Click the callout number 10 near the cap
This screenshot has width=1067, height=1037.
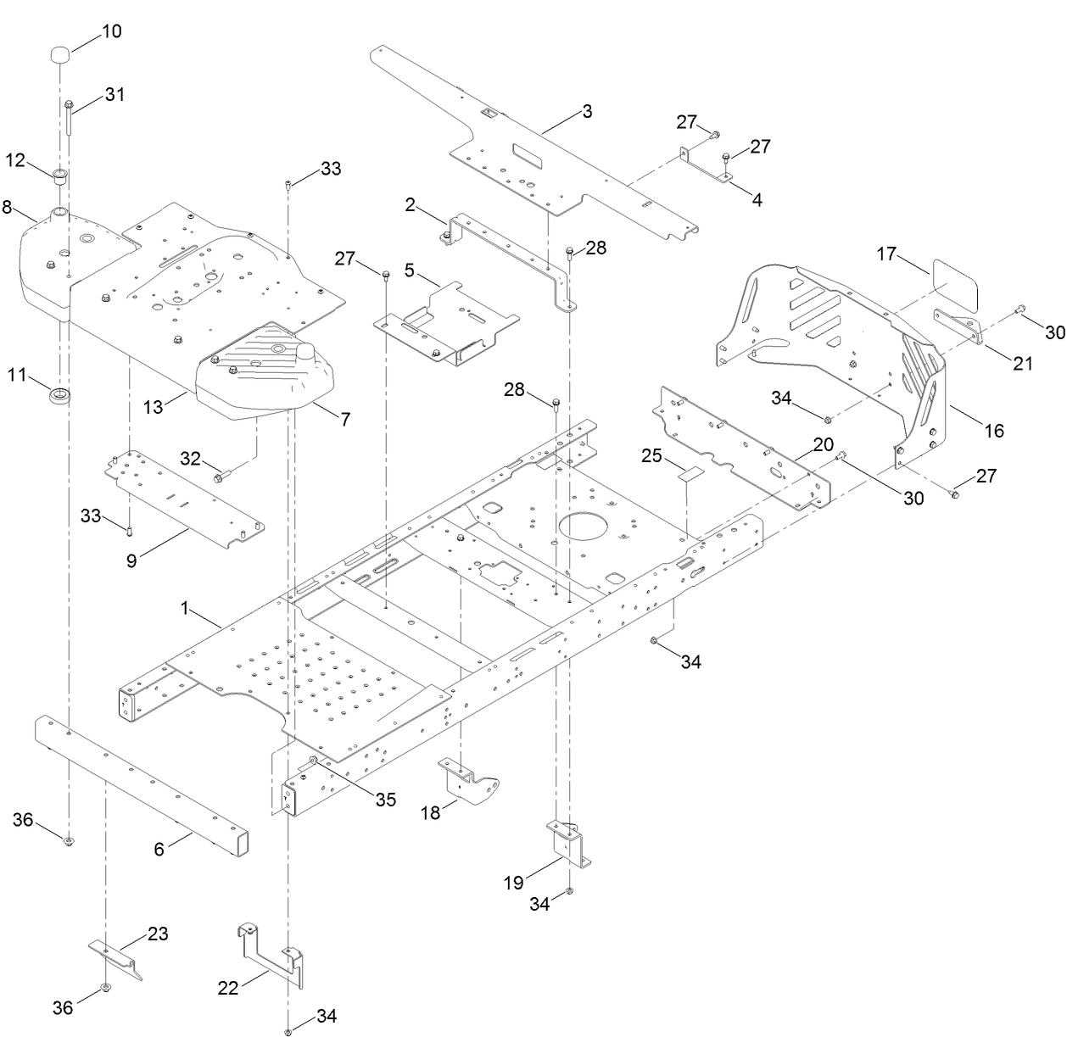[111, 31]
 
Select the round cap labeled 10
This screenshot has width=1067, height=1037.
[59, 55]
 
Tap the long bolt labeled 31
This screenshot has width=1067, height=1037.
[68, 117]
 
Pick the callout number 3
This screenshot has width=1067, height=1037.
[587, 111]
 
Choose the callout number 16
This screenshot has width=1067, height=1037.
[992, 431]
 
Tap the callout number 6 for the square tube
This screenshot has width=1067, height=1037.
[159, 849]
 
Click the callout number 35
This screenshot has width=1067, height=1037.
[385, 800]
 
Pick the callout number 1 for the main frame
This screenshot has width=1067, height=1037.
[183, 608]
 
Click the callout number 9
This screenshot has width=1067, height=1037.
[131, 560]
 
